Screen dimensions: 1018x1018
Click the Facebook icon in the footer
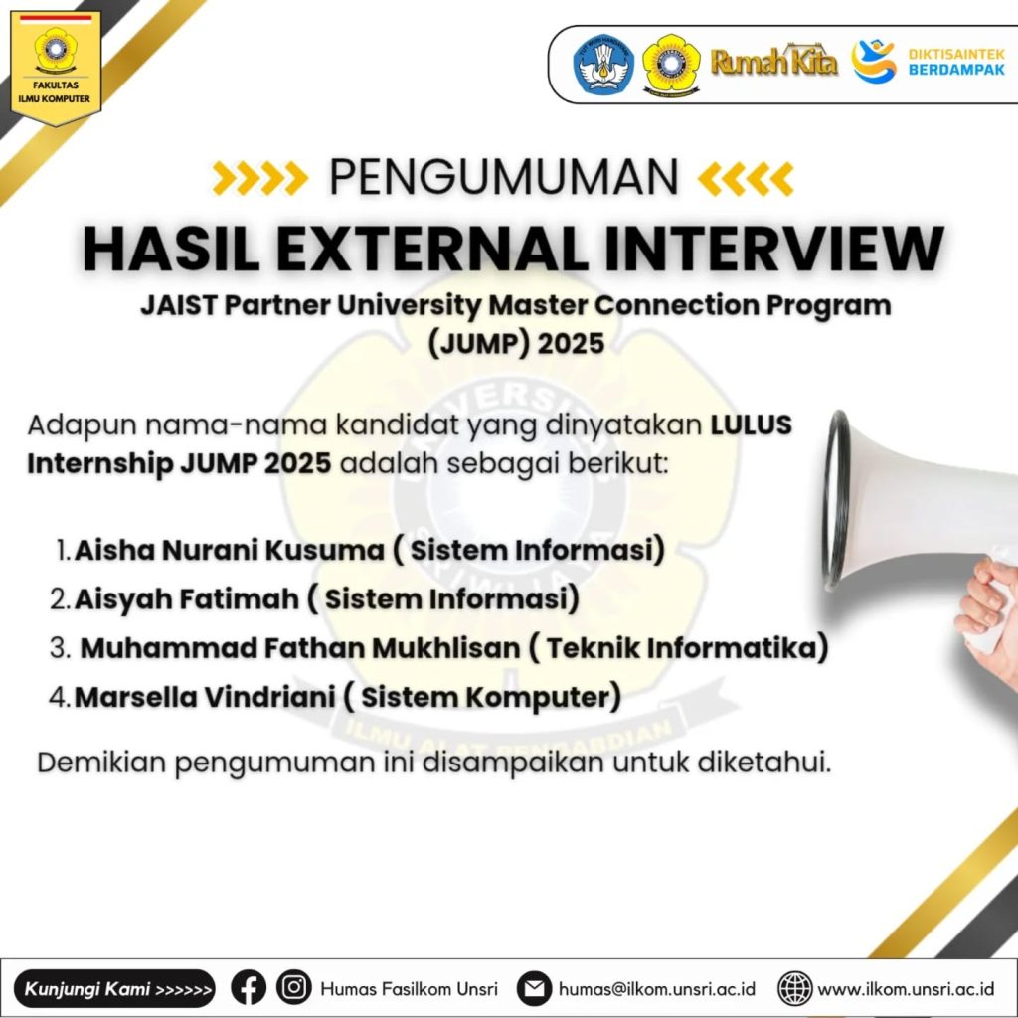coord(249,988)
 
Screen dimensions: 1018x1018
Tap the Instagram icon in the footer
coord(294,988)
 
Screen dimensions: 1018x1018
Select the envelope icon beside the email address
coord(535,989)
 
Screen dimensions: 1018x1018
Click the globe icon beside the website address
coord(795,989)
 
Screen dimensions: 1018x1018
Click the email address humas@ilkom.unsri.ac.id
coord(657,990)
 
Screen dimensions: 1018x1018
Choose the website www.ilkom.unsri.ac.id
coord(906,990)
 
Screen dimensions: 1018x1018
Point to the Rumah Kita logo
coord(773,63)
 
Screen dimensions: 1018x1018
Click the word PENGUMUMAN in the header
coord(504,178)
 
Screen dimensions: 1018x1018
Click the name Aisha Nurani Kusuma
coord(229,550)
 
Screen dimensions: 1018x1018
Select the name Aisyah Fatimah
coord(186,599)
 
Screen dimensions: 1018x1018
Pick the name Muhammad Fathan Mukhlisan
coord(300,648)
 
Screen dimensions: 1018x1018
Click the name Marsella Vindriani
coord(204,697)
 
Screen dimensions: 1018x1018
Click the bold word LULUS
coord(752,425)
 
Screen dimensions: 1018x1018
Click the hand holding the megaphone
coord(984,606)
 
